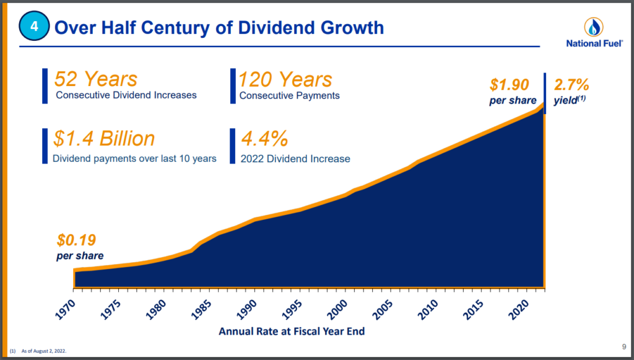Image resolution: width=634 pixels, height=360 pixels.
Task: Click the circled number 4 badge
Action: click(33, 27)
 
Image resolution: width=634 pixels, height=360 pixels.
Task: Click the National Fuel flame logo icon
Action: click(594, 27)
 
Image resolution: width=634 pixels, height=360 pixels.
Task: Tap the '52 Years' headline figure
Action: click(96, 79)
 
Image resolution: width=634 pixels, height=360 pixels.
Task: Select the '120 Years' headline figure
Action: click(285, 79)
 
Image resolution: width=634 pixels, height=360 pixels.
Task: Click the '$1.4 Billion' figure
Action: click(104, 138)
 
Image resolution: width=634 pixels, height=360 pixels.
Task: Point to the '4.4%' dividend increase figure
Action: click(264, 138)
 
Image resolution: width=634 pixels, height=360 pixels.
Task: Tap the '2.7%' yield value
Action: click(571, 84)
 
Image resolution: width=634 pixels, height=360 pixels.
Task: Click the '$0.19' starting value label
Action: click(77, 240)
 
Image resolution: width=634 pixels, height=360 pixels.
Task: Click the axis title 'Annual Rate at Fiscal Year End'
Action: click(292, 331)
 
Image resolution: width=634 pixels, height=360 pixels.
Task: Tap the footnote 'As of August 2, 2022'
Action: click(44, 351)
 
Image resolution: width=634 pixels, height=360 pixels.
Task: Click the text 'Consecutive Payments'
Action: click(289, 96)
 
